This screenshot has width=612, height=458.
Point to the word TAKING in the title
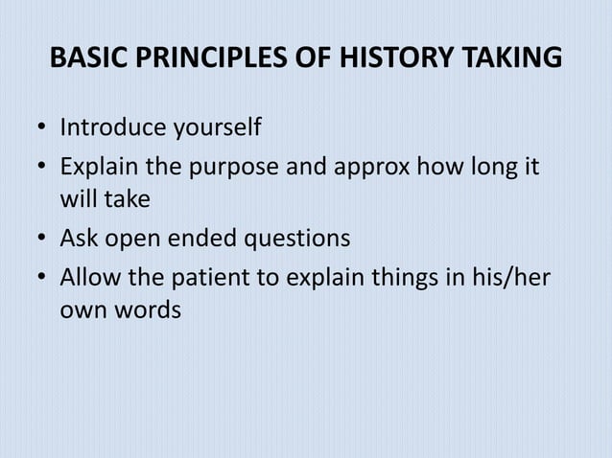point(510,58)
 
